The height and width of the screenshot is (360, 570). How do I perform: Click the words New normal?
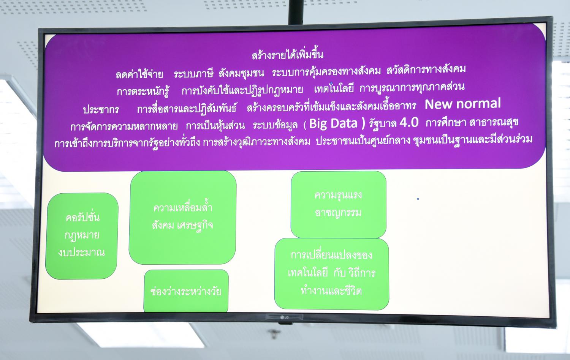point(462,104)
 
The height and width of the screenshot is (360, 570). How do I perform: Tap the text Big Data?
point(333,123)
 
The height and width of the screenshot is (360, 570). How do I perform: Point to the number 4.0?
point(409,123)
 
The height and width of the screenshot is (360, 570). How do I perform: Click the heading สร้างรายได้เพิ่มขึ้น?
point(288,55)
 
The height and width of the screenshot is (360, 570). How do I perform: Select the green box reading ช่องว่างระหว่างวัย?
point(186,291)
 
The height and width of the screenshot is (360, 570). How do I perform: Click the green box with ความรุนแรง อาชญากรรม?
point(339,204)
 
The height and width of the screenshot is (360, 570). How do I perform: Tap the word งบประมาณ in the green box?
point(81,252)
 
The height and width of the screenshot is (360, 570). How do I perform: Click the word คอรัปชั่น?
point(82,217)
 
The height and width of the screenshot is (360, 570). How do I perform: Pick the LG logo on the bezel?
point(284,317)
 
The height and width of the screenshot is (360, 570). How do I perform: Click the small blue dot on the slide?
point(418,199)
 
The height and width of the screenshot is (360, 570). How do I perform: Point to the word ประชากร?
point(101,110)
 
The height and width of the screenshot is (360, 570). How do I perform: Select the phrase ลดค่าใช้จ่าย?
point(139,74)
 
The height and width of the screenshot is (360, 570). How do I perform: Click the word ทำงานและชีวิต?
point(331,291)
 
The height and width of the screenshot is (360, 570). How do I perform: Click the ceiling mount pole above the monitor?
point(296,11)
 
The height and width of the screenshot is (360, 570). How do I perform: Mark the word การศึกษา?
point(446,123)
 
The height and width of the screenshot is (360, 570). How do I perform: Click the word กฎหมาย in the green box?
point(82,235)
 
